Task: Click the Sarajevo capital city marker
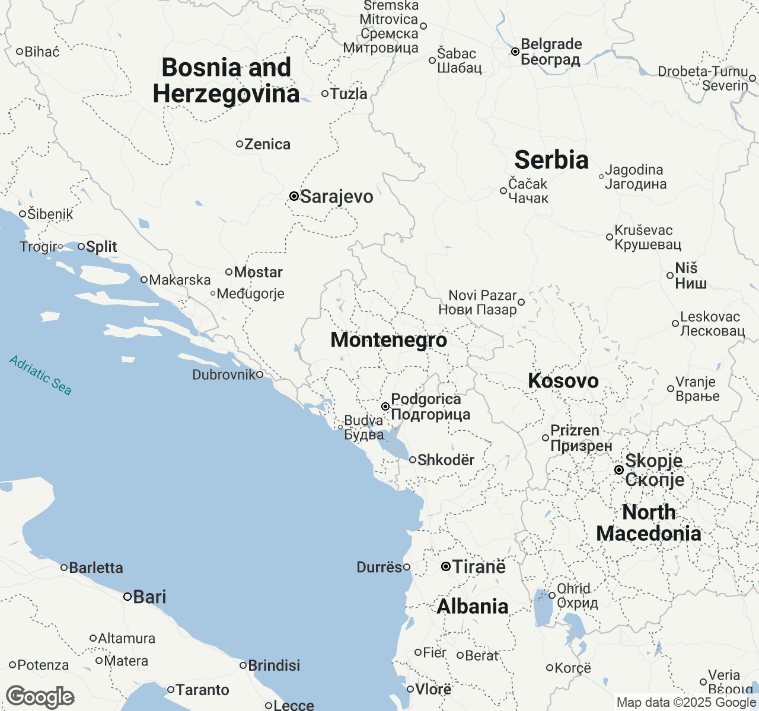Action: [x=294, y=196]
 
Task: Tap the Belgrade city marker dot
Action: [x=515, y=52]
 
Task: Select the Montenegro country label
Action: [x=388, y=340]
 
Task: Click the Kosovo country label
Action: [x=563, y=381]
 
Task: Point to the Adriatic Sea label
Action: [x=40, y=375]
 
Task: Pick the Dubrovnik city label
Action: [x=224, y=374]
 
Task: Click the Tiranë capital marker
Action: [x=446, y=567]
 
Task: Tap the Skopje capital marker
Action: [x=618, y=470]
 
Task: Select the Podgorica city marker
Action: [x=385, y=406]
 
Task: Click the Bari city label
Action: [x=149, y=597]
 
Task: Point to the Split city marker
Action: [x=81, y=246]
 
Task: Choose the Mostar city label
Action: [x=258, y=272]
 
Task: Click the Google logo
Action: [x=40, y=697]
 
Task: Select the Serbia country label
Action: [x=551, y=160]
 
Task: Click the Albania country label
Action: [x=473, y=607]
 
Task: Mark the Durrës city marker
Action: [x=407, y=568]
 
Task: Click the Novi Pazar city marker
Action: [x=521, y=302]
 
